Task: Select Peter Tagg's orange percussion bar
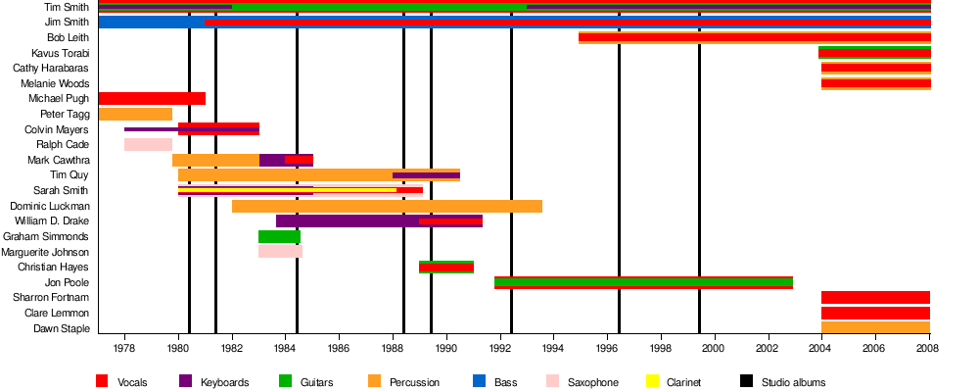(x=135, y=114)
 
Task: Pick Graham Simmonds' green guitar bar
(x=279, y=236)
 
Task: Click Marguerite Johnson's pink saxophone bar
(x=280, y=251)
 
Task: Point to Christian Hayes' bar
(x=446, y=267)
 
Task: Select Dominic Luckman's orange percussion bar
(x=387, y=206)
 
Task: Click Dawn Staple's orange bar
(x=875, y=327)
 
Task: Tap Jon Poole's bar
(x=643, y=282)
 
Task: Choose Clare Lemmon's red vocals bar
(x=875, y=313)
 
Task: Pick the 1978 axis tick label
(x=124, y=348)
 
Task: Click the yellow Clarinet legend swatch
(x=652, y=381)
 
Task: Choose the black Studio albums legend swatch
(x=746, y=381)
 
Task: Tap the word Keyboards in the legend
(x=226, y=382)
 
